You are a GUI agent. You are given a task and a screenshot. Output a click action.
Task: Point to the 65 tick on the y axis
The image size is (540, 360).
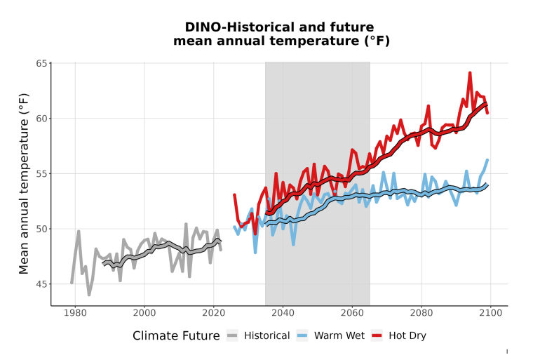(x=41, y=63)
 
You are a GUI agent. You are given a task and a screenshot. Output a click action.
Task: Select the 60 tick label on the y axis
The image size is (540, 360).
(x=41, y=118)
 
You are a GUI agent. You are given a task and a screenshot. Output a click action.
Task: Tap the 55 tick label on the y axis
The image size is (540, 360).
(x=41, y=173)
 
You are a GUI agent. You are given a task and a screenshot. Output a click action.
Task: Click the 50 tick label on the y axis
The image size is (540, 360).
(x=41, y=229)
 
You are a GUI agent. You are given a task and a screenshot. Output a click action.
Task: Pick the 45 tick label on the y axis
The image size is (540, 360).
(x=41, y=284)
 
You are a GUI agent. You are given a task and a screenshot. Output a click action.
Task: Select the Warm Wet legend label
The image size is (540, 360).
(x=339, y=335)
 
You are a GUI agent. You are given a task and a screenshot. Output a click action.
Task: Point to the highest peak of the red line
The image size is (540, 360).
(x=470, y=72)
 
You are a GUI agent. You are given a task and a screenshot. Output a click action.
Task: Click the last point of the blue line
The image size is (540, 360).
(x=487, y=160)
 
